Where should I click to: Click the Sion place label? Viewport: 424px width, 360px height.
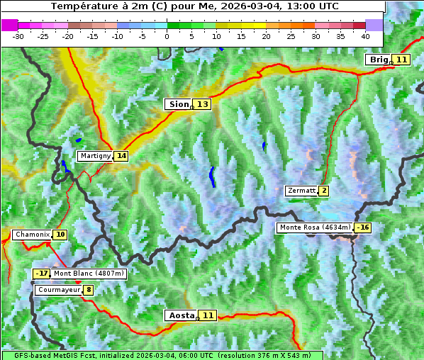point(178,104)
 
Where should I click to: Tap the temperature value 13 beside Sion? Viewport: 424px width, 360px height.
point(203,104)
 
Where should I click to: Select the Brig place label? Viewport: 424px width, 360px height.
point(379,60)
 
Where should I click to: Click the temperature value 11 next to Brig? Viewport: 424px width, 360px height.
point(401,60)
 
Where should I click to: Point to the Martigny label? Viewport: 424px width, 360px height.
point(95,156)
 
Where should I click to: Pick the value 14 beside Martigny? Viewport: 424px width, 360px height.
point(121,156)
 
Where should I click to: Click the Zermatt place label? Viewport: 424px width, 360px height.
point(301,191)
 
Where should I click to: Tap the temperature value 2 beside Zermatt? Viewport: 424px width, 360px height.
point(324,191)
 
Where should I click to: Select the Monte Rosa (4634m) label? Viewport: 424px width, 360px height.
point(315,227)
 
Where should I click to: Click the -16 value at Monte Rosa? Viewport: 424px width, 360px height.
point(363,227)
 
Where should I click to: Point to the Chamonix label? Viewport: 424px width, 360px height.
point(32,235)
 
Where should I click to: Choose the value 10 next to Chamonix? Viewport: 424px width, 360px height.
point(60,235)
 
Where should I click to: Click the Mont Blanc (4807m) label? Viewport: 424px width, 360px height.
point(89,274)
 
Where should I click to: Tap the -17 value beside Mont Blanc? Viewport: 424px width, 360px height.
point(42,274)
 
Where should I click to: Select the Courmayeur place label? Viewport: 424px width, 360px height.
point(58,290)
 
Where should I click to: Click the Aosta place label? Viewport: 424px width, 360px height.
point(180,315)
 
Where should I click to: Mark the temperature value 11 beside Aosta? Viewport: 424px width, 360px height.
point(208,315)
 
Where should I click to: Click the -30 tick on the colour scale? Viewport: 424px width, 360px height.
point(18,35)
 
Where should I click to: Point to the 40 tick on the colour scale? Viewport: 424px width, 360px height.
point(365,35)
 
